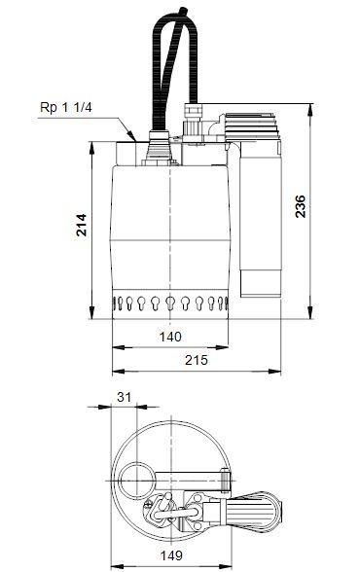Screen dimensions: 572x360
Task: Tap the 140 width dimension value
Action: click(171, 336)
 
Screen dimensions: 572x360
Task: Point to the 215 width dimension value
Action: click(197, 359)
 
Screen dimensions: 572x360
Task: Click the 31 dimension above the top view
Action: click(124, 396)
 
